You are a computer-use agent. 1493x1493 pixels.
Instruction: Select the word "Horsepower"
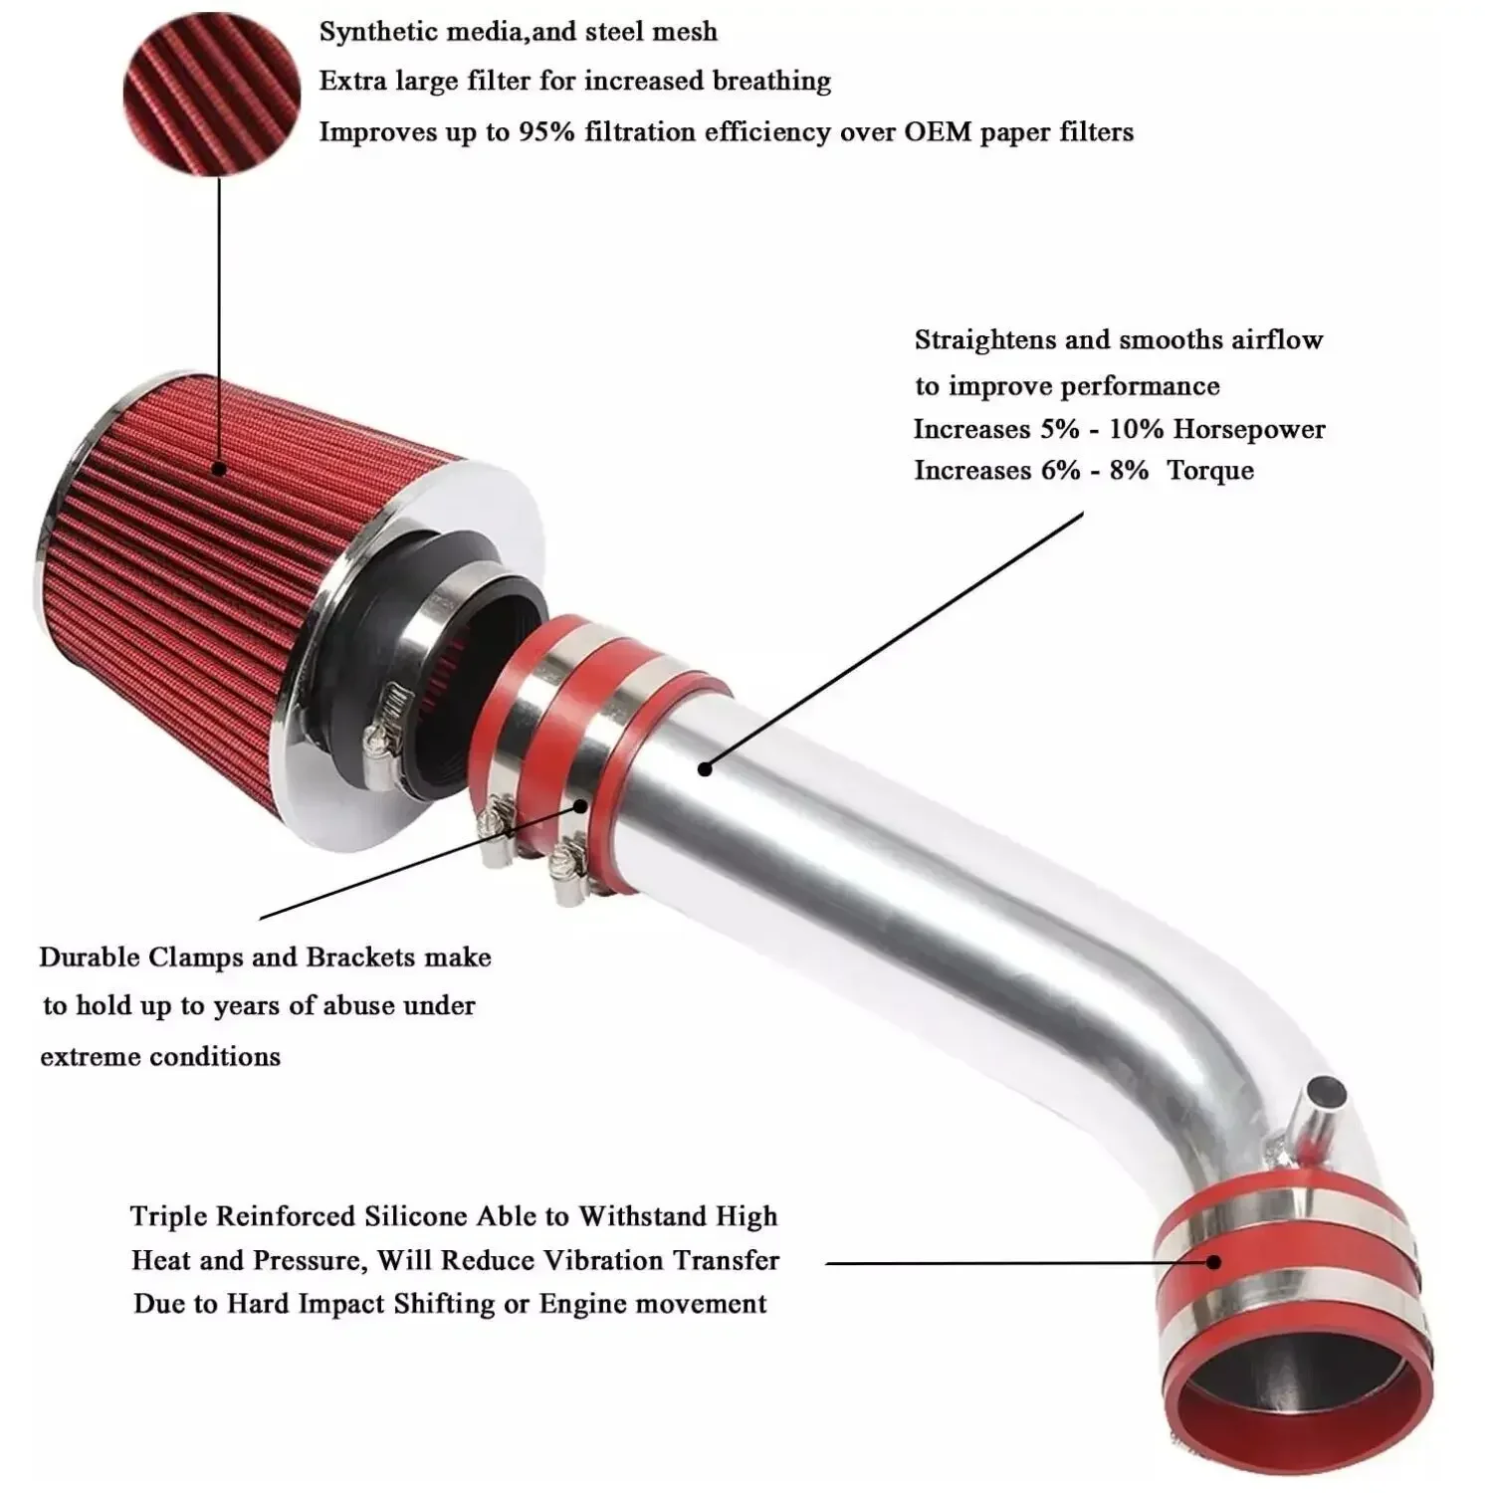(x=1249, y=429)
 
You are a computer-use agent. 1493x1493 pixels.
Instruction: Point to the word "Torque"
(x=1209, y=470)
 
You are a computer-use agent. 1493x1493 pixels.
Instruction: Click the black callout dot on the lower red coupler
(x=1213, y=1262)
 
